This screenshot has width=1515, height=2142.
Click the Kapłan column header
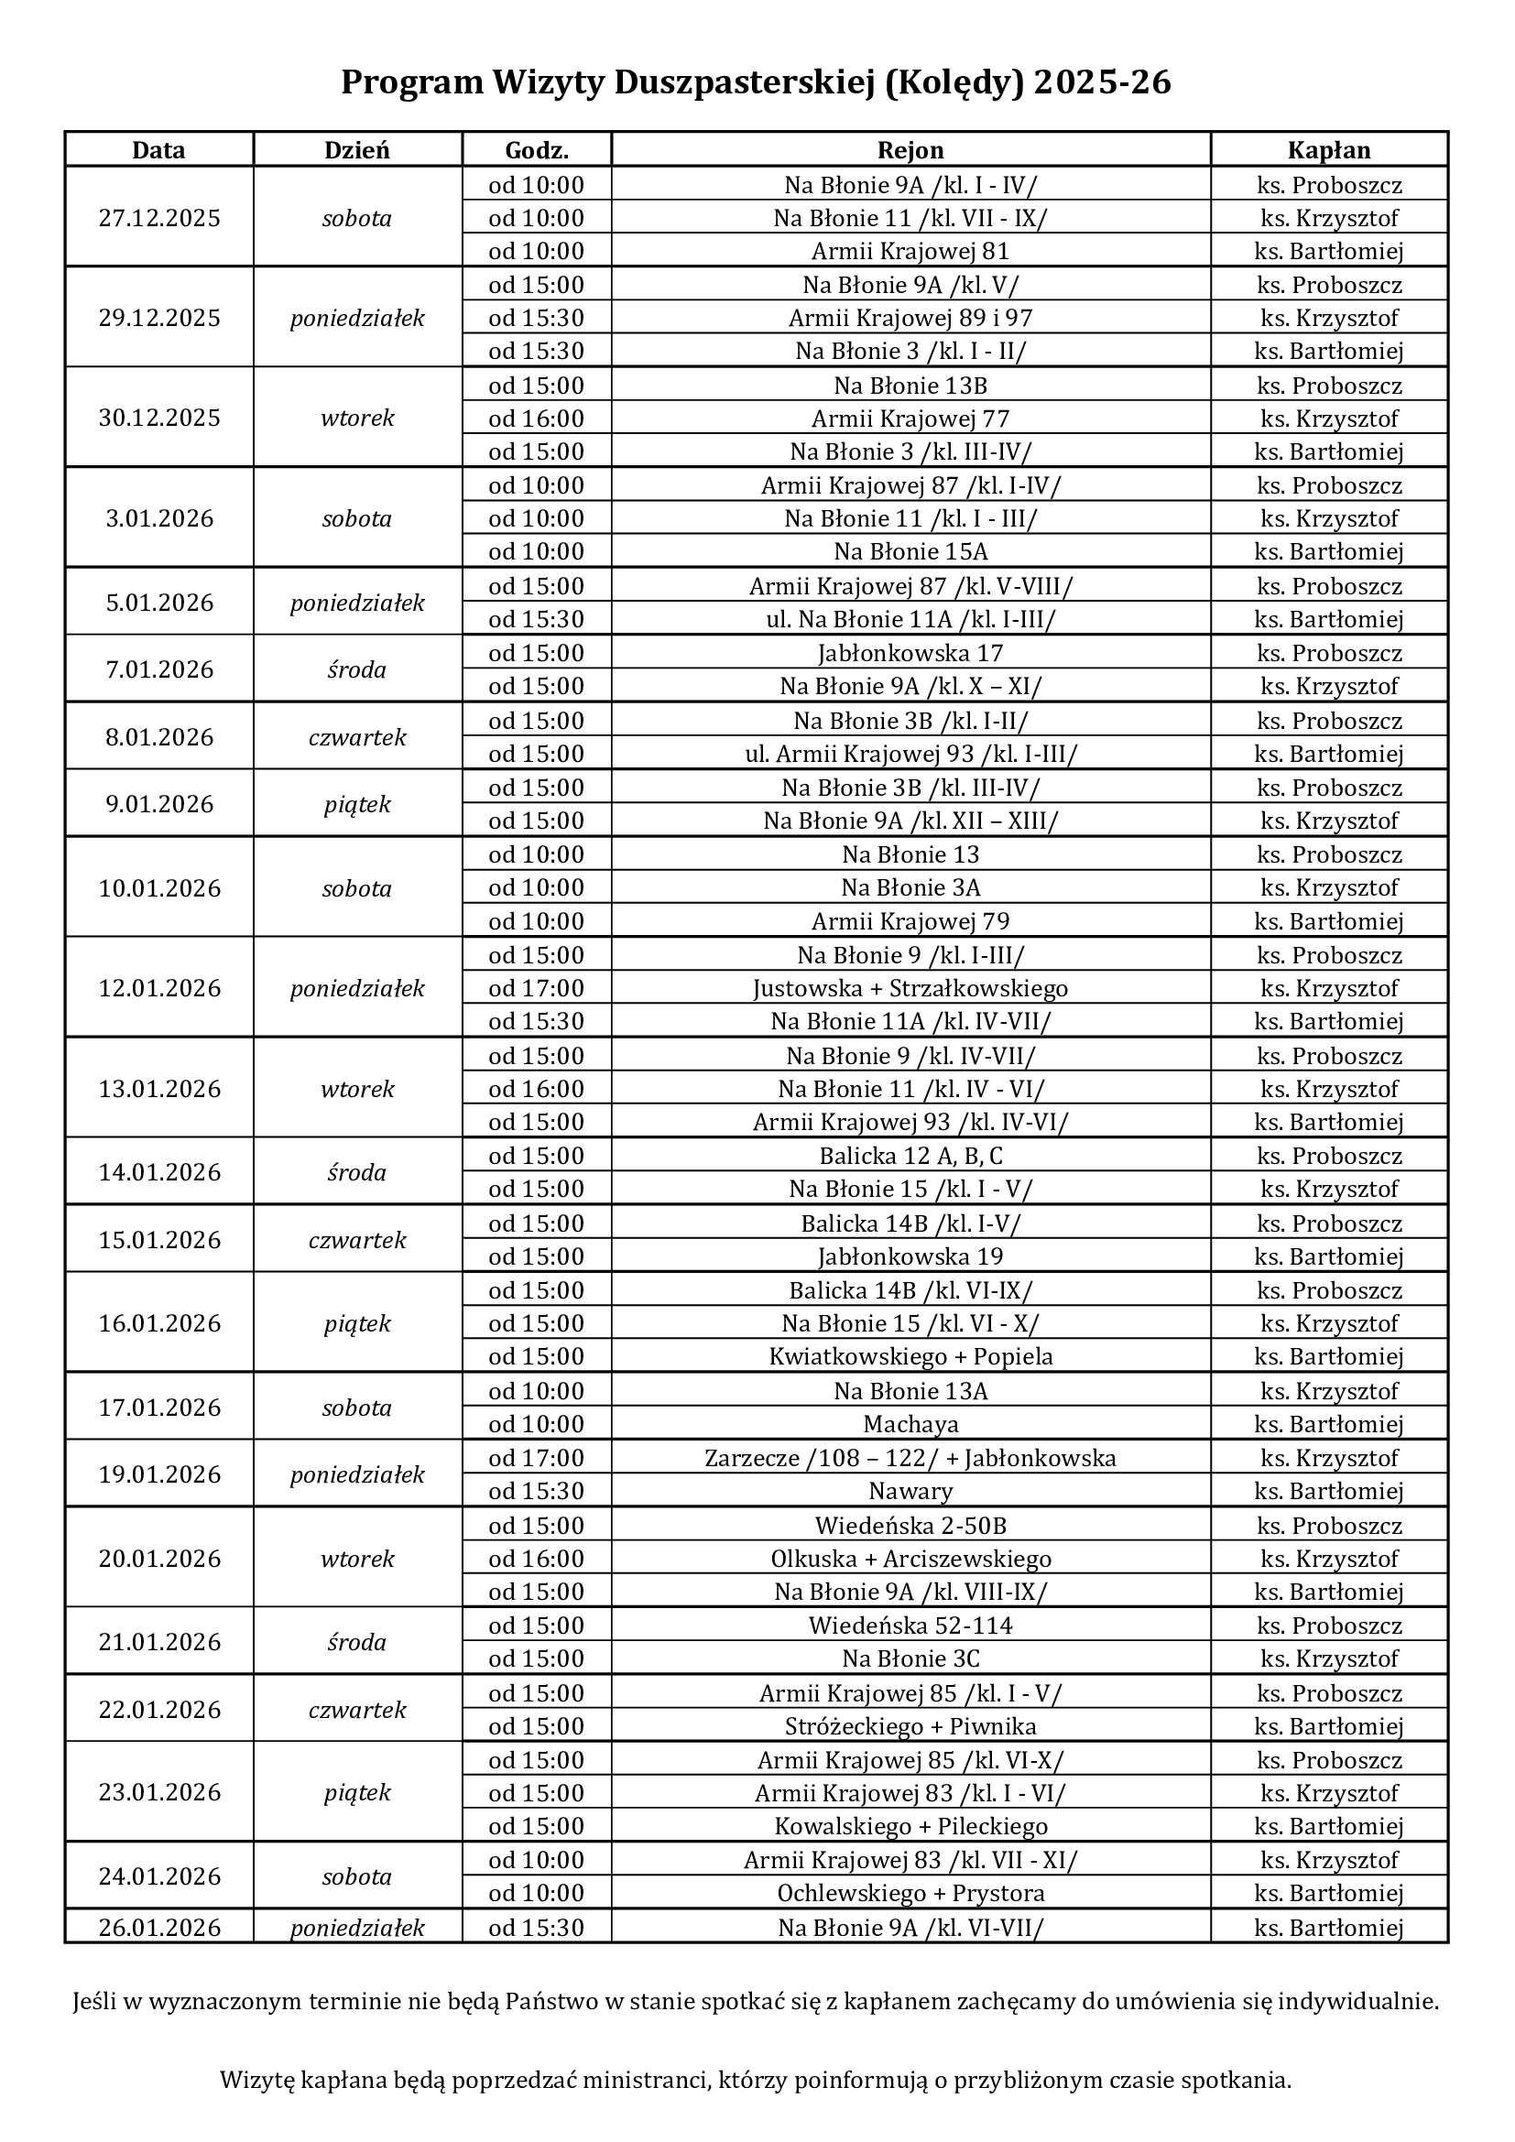[1328, 150]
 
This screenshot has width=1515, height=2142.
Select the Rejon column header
[910, 150]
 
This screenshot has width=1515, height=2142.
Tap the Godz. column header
[537, 150]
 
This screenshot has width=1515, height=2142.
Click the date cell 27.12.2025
[159, 218]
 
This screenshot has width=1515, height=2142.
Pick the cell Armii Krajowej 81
[910, 251]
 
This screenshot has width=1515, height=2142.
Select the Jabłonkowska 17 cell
[910, 653]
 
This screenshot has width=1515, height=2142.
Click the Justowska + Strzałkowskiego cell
[910, 988]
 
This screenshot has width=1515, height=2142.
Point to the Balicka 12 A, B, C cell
[910, 1156]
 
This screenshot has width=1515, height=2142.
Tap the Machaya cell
[910, 1424]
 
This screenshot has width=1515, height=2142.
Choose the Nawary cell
[910, 1491]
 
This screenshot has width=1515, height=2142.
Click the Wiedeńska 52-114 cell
[910, 1626]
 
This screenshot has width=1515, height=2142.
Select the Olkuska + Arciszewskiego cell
[910, 1559]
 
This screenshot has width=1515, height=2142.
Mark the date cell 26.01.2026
[159, 1928]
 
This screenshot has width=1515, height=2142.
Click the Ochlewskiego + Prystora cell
[910, 1893]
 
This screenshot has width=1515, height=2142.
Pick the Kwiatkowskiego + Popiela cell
[910, 1356]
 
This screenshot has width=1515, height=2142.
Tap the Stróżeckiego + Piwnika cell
[910, 1726]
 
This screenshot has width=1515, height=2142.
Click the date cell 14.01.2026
[159, 1172]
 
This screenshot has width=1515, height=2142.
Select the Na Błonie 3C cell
[910, 1658]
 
